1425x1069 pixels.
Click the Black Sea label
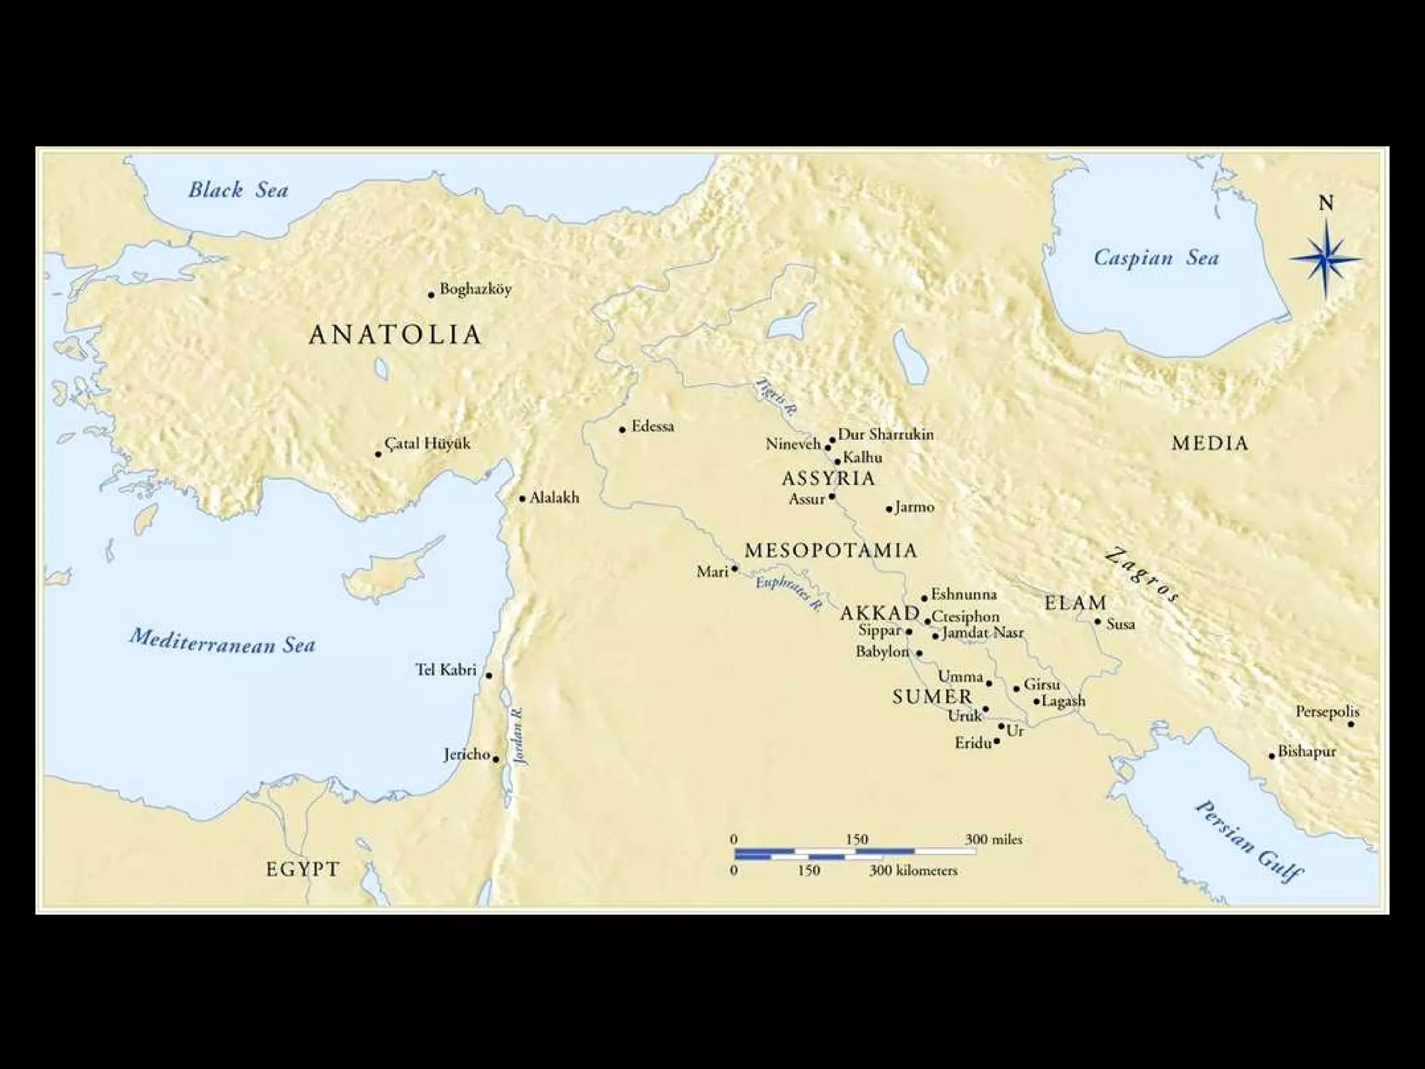(x=238, y=190)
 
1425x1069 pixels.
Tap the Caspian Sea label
(x=1156, y=258)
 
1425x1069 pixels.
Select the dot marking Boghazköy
(x=431, y=295)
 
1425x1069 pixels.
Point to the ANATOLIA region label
(x=395, y=335)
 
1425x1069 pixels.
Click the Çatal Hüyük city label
(x=427, y=444)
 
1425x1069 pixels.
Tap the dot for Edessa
(x=623, y=429)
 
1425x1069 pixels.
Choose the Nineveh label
(x=793, y=444)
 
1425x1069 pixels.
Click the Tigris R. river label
(x=773, y=397)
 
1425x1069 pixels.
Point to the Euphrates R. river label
(x=788, y=594)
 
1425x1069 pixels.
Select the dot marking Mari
(x=734, y=569)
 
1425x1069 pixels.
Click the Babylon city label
(x=882, y=652)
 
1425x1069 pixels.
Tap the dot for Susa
(x=1097, y=621)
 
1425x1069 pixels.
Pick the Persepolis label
(x=1327, y=712)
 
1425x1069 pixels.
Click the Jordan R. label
(x=518, y=737)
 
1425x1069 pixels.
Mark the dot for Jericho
(x=495, y=759)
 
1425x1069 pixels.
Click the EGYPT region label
(x=303, y=869)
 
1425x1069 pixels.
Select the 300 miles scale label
(x=993, y=839)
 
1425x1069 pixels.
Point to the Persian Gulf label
(x=1249, y=840)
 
